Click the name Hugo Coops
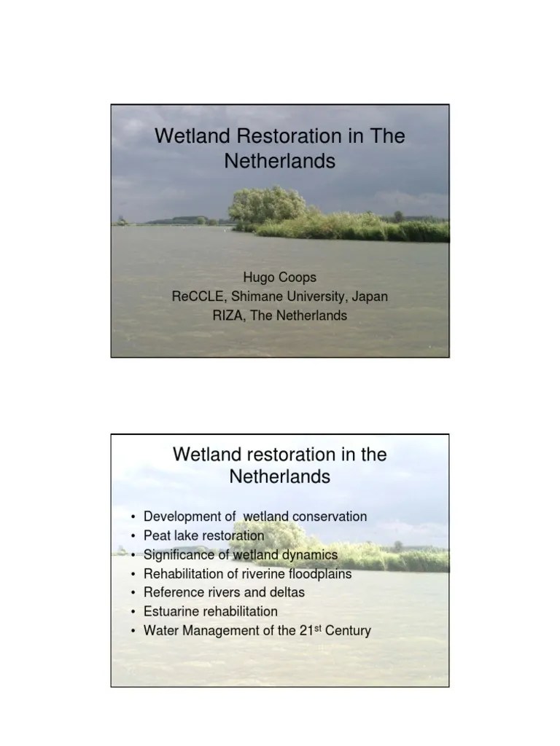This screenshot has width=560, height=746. (x=279, y=278)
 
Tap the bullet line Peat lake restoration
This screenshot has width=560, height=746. (x=203, y=535)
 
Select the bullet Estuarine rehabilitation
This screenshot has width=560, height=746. (x=210, y=611)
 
